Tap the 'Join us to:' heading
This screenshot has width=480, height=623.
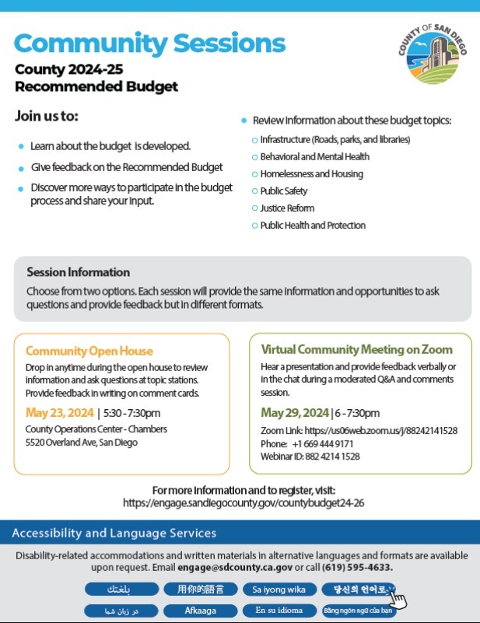click(x=47, y=117)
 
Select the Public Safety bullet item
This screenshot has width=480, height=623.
click(x=283, y=191)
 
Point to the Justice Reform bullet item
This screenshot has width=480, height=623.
click(x=287, y=208)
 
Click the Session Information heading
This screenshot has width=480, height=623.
click(x=78, y=272)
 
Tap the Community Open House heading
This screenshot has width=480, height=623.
click(x=89, y=351)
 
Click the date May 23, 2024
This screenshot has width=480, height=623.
click(x=60, y=412)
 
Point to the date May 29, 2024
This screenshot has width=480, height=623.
click(x=295, y=412)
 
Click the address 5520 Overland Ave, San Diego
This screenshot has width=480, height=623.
click(x=82, y=443)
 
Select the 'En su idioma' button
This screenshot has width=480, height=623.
click(x=279, y=611)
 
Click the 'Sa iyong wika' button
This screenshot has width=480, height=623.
click(x=279, y=589)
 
